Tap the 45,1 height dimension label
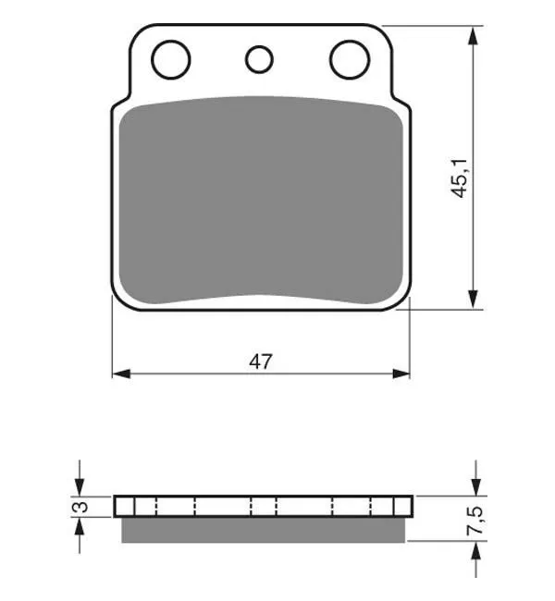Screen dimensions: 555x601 click(461, 178)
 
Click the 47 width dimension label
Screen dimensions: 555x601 click(261, 362)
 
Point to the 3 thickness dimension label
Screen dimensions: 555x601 click(80, 507)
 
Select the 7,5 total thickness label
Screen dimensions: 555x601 click(475, 521)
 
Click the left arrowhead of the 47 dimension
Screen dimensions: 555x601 click(121, 374)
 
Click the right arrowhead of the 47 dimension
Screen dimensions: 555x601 click(401, 374)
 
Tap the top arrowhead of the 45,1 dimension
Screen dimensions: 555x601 click(474, 36)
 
